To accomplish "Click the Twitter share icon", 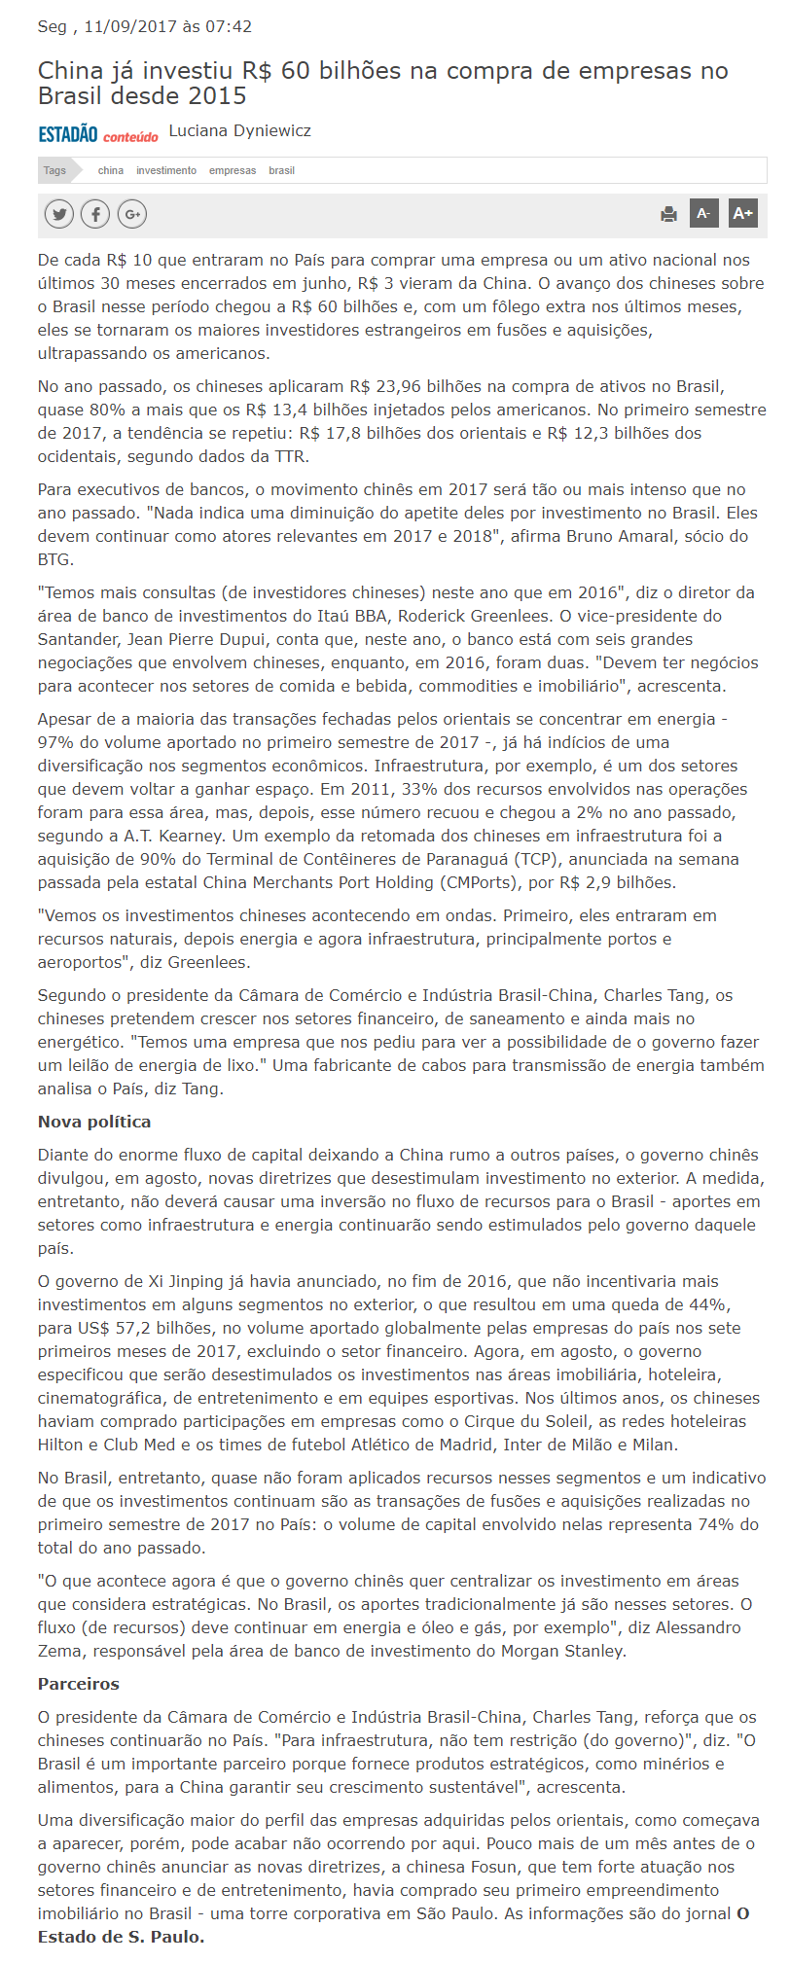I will [x=59, y=214].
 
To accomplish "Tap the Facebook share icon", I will [x=95, y=214].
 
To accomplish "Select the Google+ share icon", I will [x=132, y=214].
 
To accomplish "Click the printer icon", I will [x=668, y=214].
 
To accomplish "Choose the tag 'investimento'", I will [x=166, y=170].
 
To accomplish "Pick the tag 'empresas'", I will [x=233, y=170].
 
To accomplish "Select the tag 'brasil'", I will [x=281, y=170].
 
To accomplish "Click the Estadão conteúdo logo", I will [x=97, y=134].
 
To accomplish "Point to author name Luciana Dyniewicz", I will [x=239, y=130].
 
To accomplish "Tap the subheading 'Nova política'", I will [x=94, y=1122].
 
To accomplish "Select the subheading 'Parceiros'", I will [x=79, y=1684].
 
